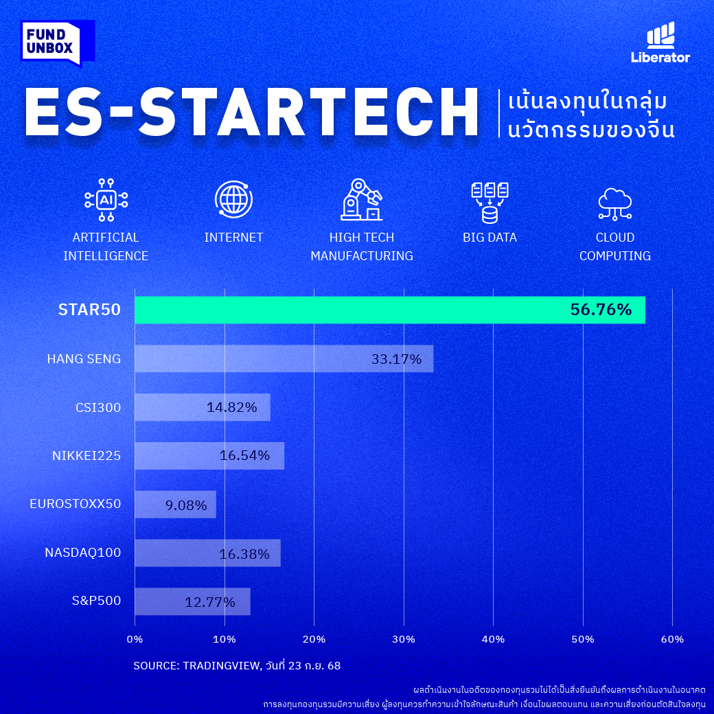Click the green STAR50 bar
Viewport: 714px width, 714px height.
[x=389, y=310]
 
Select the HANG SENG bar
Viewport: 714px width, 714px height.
[x=284, y=358]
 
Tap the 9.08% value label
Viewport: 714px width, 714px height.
[x=186, y=505]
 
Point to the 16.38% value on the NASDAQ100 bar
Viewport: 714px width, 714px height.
[x=244, y=554]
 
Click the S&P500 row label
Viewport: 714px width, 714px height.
[x=96, y=601]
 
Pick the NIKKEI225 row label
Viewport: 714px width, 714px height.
[x=87, y=455]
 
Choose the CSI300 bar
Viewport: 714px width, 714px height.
[x=202, y=407]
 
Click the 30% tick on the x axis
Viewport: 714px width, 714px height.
[x=404, y=639]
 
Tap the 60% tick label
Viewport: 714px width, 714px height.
[x=672, y=639]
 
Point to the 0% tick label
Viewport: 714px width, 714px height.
[x=135, y=639]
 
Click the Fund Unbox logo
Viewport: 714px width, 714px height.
[x=57, y=43]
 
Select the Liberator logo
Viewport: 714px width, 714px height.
[x=660, y=43]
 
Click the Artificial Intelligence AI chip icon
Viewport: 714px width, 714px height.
[x=106, y=200]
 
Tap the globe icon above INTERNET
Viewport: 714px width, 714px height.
[x=234, y=200]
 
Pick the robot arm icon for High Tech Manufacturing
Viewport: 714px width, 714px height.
[x=362, y=200]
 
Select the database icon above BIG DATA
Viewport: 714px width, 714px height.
[x=490, y=203]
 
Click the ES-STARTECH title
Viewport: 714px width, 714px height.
[x=252, y=113]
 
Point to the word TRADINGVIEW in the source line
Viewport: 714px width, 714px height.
[x=221, y=665]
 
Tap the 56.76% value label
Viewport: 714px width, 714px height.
[x=601, y=310]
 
